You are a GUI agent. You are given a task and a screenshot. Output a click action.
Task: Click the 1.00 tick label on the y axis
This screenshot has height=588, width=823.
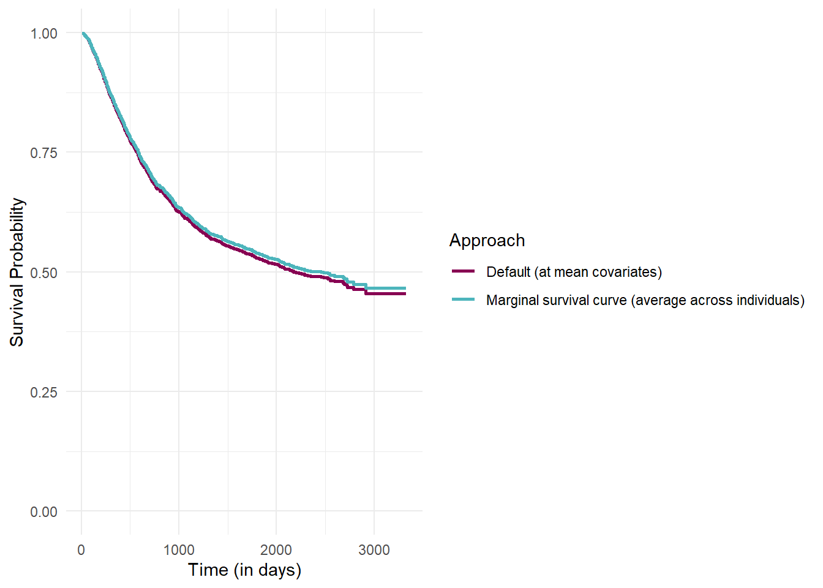(43, 34)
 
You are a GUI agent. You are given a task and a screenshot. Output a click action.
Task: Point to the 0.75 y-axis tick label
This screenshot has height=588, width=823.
(43, 153)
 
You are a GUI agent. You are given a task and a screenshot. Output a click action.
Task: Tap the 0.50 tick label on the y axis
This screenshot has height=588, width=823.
(43, 273)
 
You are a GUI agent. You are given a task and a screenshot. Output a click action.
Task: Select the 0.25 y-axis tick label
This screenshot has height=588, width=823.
(43, 392)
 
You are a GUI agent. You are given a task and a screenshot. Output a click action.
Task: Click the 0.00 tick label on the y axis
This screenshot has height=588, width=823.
(43, 511)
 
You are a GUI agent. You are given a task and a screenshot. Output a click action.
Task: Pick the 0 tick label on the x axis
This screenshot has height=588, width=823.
(81, 550)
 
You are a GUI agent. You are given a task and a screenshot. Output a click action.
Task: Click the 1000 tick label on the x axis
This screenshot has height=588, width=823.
(179, 550)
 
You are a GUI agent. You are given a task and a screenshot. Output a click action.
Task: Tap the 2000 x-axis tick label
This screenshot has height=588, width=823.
(276, 550)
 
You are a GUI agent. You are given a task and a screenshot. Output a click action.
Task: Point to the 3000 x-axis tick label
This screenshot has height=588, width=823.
(374, 550)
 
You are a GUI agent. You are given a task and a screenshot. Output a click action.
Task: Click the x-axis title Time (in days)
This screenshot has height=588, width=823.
(244, 570)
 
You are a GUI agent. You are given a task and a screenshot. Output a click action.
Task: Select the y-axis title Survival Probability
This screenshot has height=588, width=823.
(17, 272)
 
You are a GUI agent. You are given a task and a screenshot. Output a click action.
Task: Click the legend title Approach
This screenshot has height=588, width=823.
(487, 240)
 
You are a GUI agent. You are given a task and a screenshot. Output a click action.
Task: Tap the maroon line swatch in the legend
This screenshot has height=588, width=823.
(464, 271)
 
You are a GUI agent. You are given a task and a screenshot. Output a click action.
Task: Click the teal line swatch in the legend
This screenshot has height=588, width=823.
(464, 300)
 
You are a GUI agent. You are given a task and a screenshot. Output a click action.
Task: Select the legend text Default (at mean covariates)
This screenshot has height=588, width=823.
(574, 272)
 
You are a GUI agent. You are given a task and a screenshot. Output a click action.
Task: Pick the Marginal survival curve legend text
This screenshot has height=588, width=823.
(645, 300)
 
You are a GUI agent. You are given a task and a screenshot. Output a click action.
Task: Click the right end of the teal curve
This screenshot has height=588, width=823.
(405, 288)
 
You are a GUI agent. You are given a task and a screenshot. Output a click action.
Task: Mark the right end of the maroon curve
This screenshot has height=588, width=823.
(405, 294)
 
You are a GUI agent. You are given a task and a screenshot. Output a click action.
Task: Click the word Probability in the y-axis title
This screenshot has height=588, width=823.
(17, 241)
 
